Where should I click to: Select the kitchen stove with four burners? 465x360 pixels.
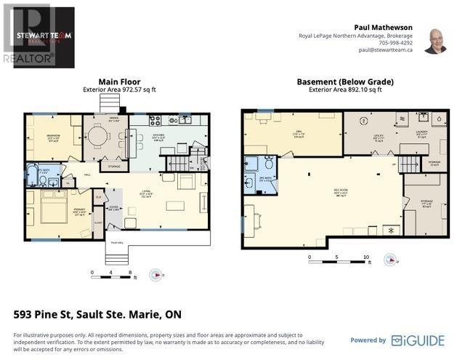[x=154, y=121]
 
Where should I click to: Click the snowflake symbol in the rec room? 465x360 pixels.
[x=392, y=231]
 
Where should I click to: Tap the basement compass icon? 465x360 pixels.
[x=391, y=259]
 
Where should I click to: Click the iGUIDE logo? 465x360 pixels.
[x=417, y=340]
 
